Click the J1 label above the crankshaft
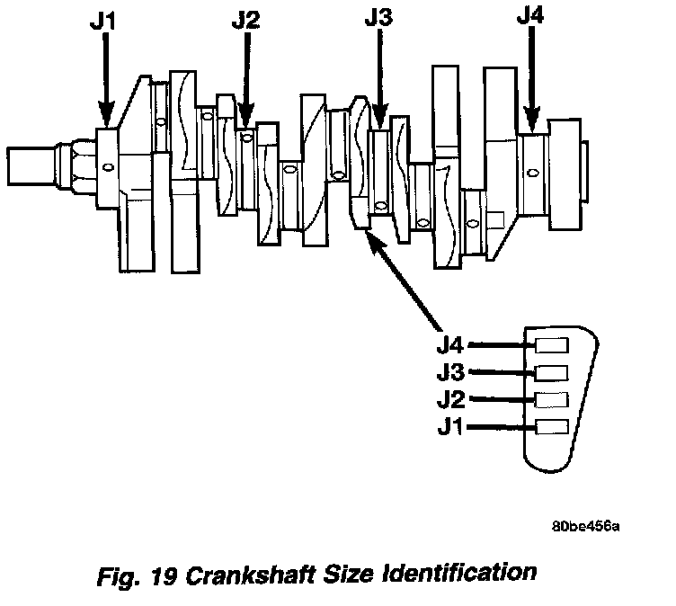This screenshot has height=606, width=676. coord(106,21)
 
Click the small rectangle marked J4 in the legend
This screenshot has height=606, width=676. coord(551,345)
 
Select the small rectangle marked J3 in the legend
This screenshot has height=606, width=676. coord(551,372)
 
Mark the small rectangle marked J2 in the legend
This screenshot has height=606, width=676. coord(551,399)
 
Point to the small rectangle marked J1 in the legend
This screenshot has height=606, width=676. coord(551,426)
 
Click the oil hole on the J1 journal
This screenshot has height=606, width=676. coord(108,166)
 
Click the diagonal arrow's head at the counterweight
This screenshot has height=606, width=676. coord(370,235)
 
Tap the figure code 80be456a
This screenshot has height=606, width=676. coord(587,526)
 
